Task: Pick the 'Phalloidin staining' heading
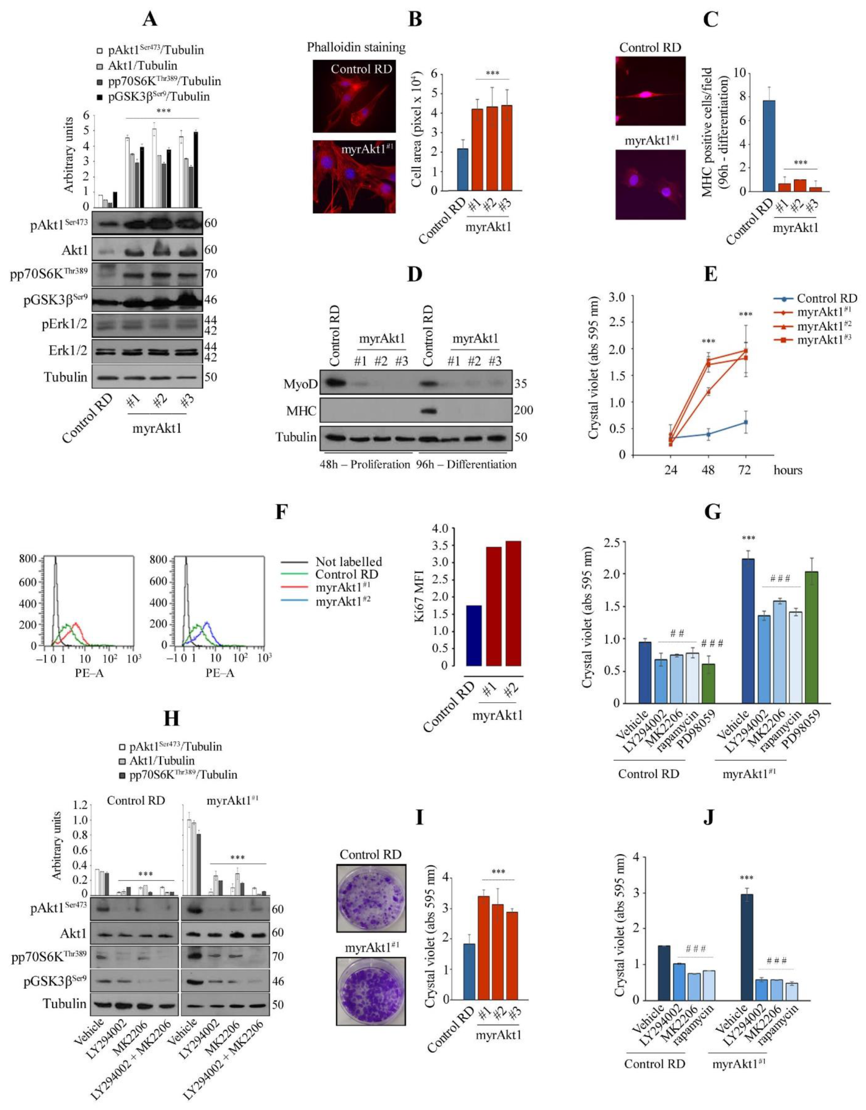[356, 47]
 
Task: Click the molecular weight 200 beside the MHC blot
[523, 410]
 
